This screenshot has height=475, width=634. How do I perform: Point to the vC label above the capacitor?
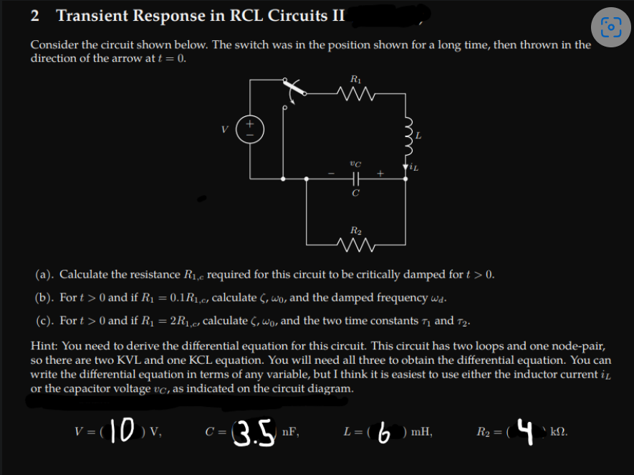[x=355, y=164]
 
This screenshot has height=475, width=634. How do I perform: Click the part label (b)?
[x=44, y=297]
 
